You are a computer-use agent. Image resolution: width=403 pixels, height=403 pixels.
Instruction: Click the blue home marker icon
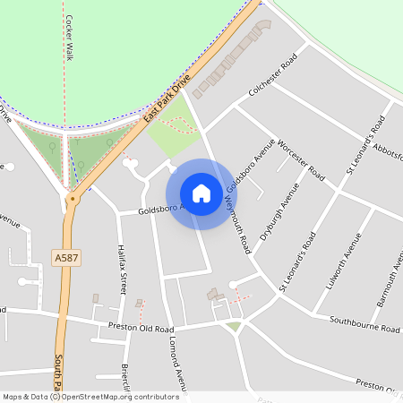pyautogui.click(x=201, y=193)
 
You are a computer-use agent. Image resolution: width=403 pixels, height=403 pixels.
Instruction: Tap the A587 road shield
pyautogui.click(x=65, y=258)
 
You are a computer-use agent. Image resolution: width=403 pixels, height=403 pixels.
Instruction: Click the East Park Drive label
pyautogui.click(x=168, y=99)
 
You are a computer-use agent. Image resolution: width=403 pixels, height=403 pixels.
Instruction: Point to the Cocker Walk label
pyautogui.click(x=69, y=38)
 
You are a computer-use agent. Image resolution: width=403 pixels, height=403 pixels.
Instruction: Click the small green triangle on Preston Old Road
pyautogui.click(x=234, y=327)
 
